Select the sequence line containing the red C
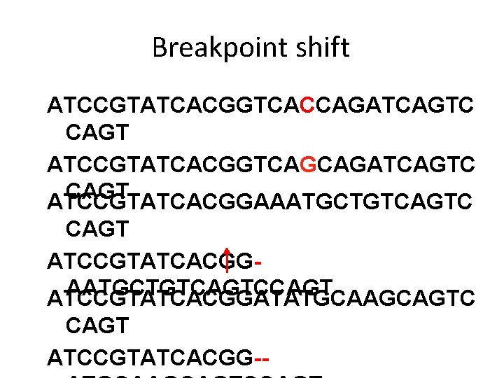click(260, 106)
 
